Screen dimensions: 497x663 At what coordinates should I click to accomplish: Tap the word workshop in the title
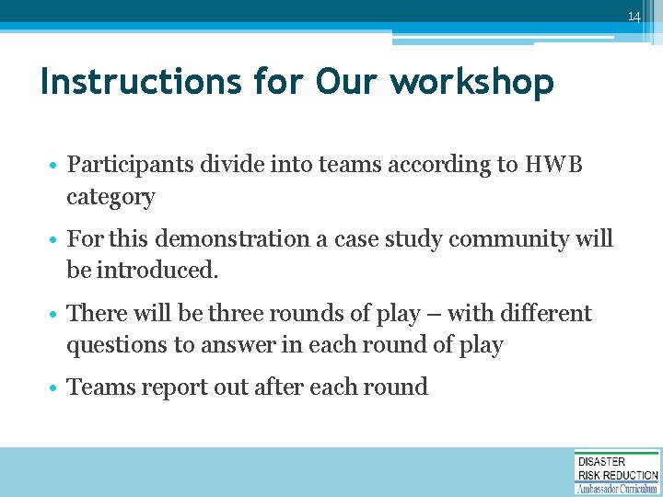(x=471, y=83)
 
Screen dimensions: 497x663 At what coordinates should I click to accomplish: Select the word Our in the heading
(x=347, y=83)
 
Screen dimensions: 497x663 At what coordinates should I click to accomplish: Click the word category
(x=110, y=198)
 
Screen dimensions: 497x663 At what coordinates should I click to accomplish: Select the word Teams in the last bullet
(x=99, y=387)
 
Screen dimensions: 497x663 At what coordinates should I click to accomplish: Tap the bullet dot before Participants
(x=55, y=167)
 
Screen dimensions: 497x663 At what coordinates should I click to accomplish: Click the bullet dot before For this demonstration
(x=55, y=240)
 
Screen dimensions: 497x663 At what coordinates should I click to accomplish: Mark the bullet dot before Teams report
(x=55, y=388)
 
